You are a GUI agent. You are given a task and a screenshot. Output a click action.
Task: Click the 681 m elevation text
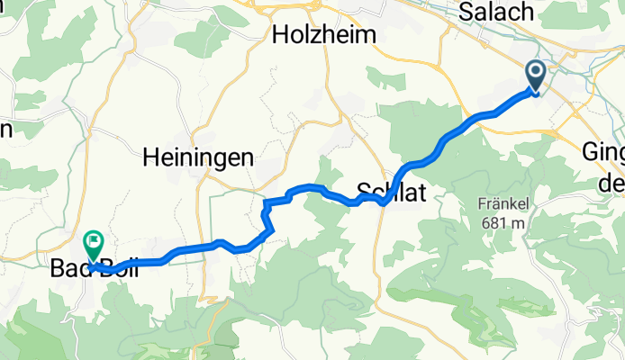point(503,221)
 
